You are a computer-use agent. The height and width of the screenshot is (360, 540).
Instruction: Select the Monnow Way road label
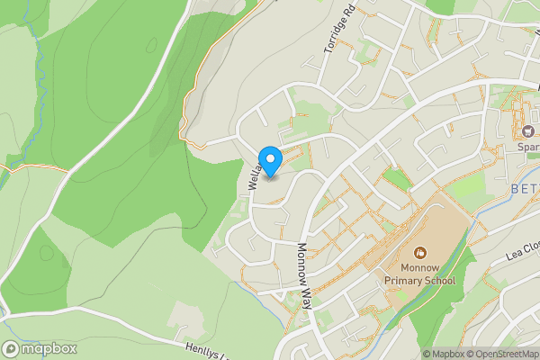pos(303,275)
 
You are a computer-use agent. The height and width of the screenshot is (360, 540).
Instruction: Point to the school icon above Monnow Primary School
pos(420,249)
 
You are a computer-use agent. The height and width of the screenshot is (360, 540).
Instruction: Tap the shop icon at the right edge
pos(527,130)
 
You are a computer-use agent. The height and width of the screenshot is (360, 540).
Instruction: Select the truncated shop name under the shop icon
pos(526,147)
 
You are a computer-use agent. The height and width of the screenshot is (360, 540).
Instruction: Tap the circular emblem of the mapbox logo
pos(11,349)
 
